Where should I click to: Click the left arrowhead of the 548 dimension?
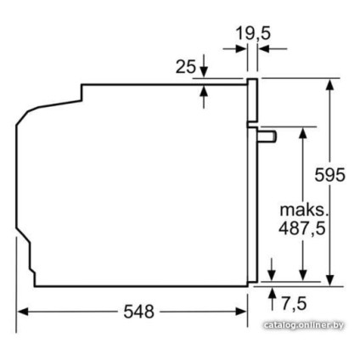(x=22, y=312)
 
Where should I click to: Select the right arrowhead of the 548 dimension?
(x=241, y=312)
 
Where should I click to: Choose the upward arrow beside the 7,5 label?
(x=272, y=295)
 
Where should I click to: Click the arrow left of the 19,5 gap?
(x=240, y=49)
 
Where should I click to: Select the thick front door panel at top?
(x=252, y=99)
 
